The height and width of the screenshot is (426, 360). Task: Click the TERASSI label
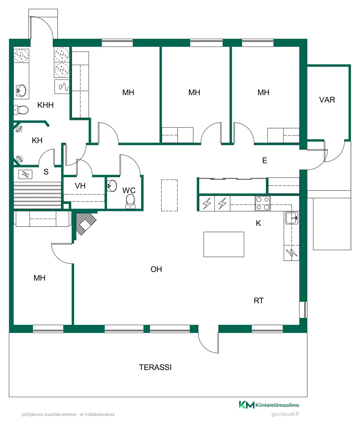click(x=155, y=367)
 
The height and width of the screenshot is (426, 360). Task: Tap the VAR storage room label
click(x=327, y=100)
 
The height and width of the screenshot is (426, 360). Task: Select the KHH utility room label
click(x=45, y=105)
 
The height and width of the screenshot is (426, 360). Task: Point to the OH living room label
click(x=156, y=269)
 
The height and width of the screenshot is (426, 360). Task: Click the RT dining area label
click(x=259, y=301)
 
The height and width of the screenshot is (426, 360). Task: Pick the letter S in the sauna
click(x=46, y=172)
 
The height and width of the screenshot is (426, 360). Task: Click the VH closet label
click(x=80, y=186)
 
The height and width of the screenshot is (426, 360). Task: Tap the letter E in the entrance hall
click(x=265, y=160)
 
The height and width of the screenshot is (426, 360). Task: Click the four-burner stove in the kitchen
click(x=262, y=203)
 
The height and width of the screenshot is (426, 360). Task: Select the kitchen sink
click(x=292, y=218)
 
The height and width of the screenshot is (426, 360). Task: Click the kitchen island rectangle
click(x=224, y=244)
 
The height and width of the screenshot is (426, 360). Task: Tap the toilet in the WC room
click(x=130, y=201)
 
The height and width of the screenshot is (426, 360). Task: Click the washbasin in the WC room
click(x=112, y=186)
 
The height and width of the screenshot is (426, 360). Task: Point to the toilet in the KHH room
click(x=21, y=110)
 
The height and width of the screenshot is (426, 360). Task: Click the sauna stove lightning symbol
click(x=25, y=174)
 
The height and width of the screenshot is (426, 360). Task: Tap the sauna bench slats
click(x=37, y=195)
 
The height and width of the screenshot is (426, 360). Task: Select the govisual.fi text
click(x=285, y=414)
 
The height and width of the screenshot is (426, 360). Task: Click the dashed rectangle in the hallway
click(x=169, y=195)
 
